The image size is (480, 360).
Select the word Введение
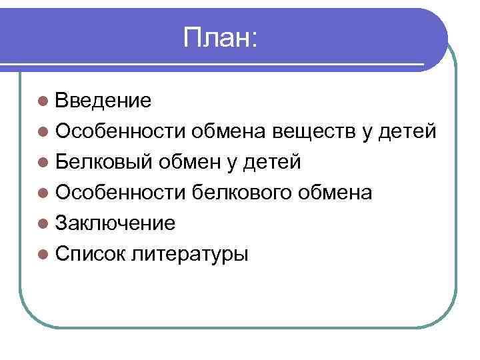(103, 101)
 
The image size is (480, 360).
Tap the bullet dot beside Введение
(43, 101)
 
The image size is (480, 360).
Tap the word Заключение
(115, 223)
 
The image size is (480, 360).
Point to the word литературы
(190, 254)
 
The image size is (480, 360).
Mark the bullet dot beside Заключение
(43, 223)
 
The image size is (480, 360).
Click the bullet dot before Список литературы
(43, 254)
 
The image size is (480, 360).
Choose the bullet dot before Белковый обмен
(43, 162)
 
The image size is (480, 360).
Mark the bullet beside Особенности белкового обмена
(43, 193)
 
